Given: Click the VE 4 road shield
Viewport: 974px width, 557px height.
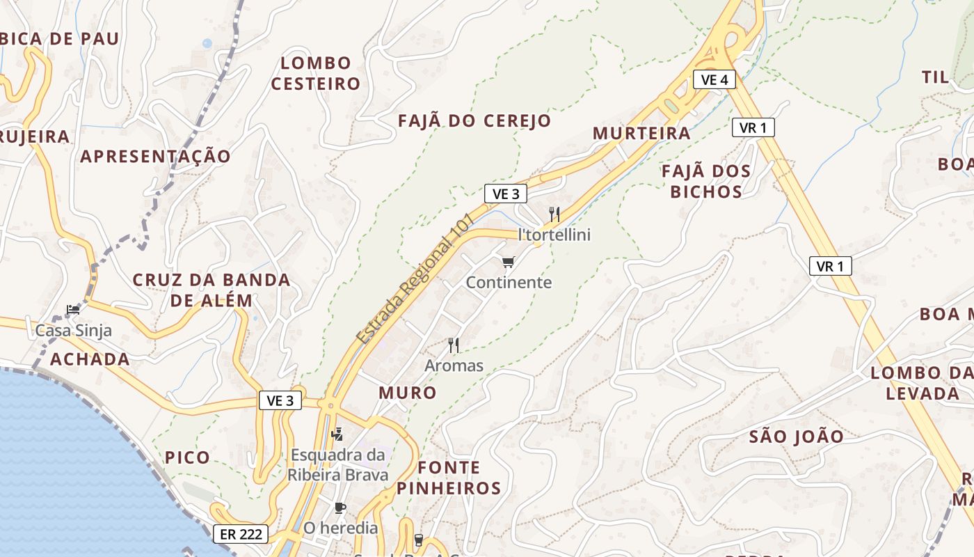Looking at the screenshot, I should (714, 79).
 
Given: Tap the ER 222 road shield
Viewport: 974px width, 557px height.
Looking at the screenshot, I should (240, 534).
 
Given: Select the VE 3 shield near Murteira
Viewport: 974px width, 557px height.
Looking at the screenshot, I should (505, 194).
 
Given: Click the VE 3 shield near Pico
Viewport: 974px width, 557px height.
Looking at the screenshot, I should (280, 400).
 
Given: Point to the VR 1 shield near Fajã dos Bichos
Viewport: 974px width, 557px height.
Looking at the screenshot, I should (753, 127).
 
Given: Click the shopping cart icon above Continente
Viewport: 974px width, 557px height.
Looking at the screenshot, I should (509, 262).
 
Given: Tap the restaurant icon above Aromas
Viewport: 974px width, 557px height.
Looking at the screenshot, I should (454, 345).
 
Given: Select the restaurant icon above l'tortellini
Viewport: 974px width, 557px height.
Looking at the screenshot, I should (554, 214).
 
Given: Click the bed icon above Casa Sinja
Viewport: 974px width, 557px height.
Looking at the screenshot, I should (73, 309).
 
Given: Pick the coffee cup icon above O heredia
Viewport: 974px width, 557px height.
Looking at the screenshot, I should (340, 508).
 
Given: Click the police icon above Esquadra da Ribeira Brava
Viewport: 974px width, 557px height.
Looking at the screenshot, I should (337, 434).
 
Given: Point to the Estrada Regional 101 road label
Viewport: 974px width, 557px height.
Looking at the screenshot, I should (415, 278).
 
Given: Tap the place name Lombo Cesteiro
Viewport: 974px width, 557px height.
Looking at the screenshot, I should (316, 73).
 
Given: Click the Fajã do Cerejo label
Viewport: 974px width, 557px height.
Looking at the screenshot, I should (474, 120).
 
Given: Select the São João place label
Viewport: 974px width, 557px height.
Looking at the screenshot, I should (796, 437).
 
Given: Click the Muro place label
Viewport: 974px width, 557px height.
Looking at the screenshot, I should (408, 393).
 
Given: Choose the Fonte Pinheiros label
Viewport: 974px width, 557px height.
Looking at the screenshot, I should (449, 478).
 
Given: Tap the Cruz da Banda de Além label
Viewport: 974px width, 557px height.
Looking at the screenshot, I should (211, 290).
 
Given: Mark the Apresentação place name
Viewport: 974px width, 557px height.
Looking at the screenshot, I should (155, 156).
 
